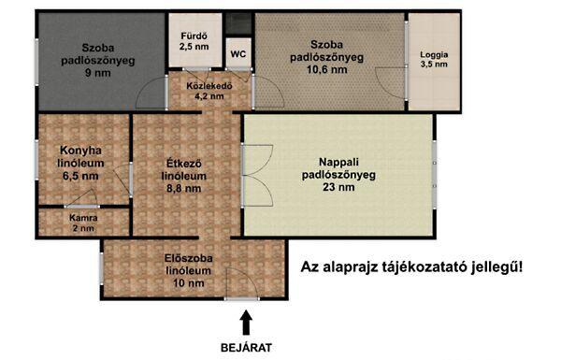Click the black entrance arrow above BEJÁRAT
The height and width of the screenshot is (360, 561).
coord(246,322)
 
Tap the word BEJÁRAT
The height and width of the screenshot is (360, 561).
coord(246,348)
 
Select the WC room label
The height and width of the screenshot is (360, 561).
coord(238,54)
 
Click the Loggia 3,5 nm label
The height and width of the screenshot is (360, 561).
coord(434,60)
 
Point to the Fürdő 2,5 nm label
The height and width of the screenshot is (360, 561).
coord(194,41)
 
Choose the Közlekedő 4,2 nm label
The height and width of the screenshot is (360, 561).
coord(209,91)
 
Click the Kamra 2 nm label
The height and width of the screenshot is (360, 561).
coord(83,223)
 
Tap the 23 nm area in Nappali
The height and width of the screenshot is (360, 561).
coord(338,187)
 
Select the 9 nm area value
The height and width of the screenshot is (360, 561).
coord(98,73)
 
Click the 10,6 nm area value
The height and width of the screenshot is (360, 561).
coord(327,69)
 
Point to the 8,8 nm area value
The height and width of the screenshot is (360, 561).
coord(184,188)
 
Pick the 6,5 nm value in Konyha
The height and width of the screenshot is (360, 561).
coord(80,176)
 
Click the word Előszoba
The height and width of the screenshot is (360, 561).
coord(189,258)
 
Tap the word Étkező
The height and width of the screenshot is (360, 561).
coord(184,164)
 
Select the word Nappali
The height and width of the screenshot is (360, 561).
coord(338,162)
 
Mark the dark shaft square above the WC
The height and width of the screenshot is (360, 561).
coord(239,23)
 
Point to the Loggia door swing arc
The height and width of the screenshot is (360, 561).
coord(391,82)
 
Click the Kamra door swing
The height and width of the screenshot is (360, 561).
coord(80,198)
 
